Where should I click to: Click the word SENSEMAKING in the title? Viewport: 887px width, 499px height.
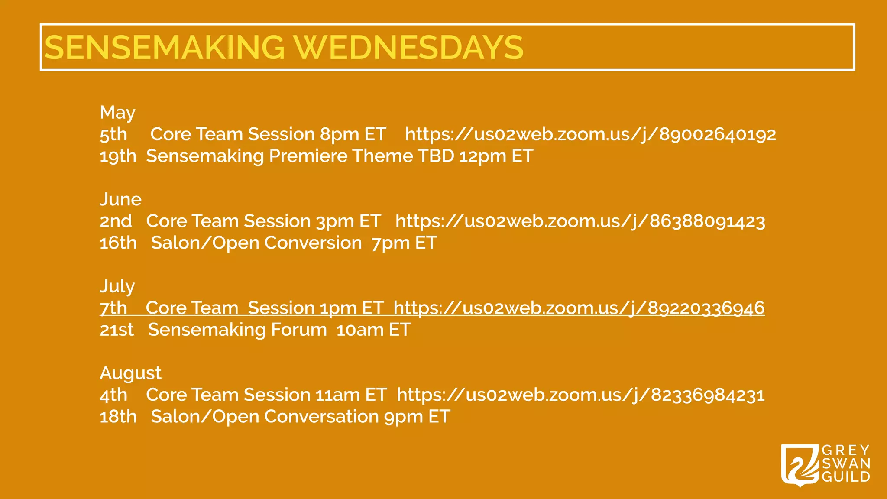(x=165, y=47)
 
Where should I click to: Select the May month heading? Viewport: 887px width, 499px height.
(x=117, y=113)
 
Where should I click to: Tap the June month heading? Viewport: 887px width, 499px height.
(x=120, y=199)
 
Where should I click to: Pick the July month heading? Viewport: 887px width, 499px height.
(x=117, y=286)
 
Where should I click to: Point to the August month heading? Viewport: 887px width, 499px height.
(x=130, y=373)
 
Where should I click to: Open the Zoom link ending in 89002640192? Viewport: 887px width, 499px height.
(x=590, y=134)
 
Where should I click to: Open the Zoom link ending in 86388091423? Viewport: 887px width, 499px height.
(x=580, y=221)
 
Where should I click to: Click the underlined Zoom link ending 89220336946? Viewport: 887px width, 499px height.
(x=579, y=308)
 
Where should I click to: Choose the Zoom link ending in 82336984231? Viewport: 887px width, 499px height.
(x=580, y=395)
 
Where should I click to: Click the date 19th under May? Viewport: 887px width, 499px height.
(x=118, y=156)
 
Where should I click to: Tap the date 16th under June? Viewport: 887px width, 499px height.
(x=118, y=243)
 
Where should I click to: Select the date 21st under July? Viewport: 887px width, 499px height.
(x=117, y=330)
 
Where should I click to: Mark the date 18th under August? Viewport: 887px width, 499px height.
(x=118, y=417)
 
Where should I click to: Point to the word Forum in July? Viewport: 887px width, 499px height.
(x=298, y=330)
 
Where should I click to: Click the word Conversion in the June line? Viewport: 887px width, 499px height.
(x=313, y=243)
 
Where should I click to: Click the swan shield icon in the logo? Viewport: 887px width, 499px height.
(x=800, y=465)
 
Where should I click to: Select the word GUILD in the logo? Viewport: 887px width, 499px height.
(x=846, y=477)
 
